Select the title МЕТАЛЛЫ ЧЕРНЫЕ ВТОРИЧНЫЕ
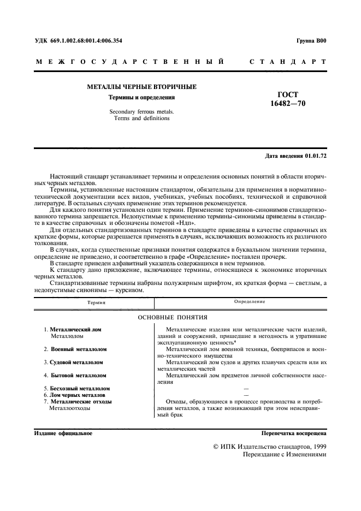142,87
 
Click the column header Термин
96,301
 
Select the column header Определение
250,301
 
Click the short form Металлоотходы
70,408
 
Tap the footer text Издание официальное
63,433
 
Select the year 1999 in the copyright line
316,446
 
